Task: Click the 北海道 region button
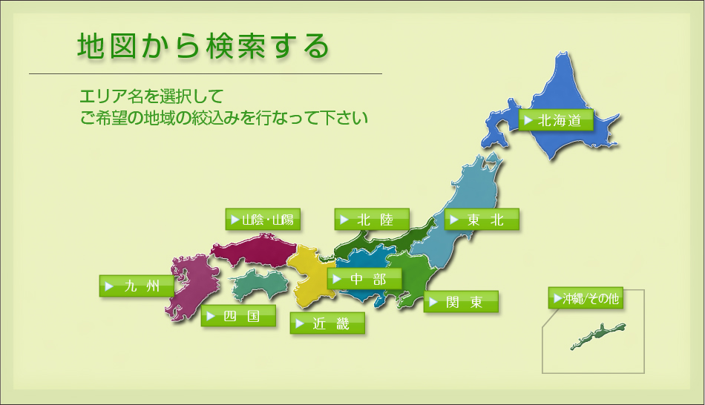coord(556,120)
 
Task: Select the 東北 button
coord(482,220)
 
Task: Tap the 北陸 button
coord(372,220)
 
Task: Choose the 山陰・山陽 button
coord(263,220)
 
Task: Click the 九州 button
coord(137,286)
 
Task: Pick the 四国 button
coord(238,316)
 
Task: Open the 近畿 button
coord(327,323)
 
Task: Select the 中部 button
coord(364,279)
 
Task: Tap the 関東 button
coord(461,302)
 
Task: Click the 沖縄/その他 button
coord(586,298)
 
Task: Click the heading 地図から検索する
coord(203,46)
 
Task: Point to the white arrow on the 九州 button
coord(109,286)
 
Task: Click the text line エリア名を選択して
coord(151,96)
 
